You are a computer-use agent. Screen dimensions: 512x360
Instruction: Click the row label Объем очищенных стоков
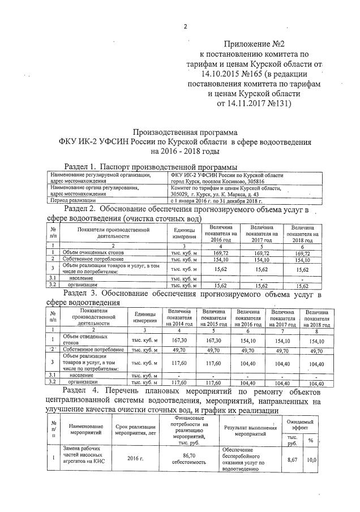tap(89, 252)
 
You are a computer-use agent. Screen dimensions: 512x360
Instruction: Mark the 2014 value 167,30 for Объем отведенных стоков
tap(178, 339)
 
